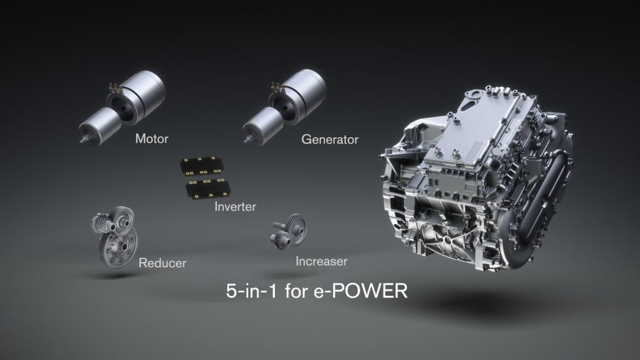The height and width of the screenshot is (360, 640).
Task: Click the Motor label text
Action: (x=152, y=139)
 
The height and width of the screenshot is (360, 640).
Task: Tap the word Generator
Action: (x=329, y=139)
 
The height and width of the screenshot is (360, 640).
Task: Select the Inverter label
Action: (x=235, y=206)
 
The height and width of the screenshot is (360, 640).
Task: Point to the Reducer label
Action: (x=162, y=263)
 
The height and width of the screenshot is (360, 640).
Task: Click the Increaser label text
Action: (x=321, y=261)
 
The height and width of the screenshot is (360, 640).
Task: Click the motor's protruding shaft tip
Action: (x=84, y=140)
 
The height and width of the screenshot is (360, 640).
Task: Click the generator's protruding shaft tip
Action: (x=248, y=140)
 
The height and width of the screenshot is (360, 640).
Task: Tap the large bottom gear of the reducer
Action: (x=118, y=247)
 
